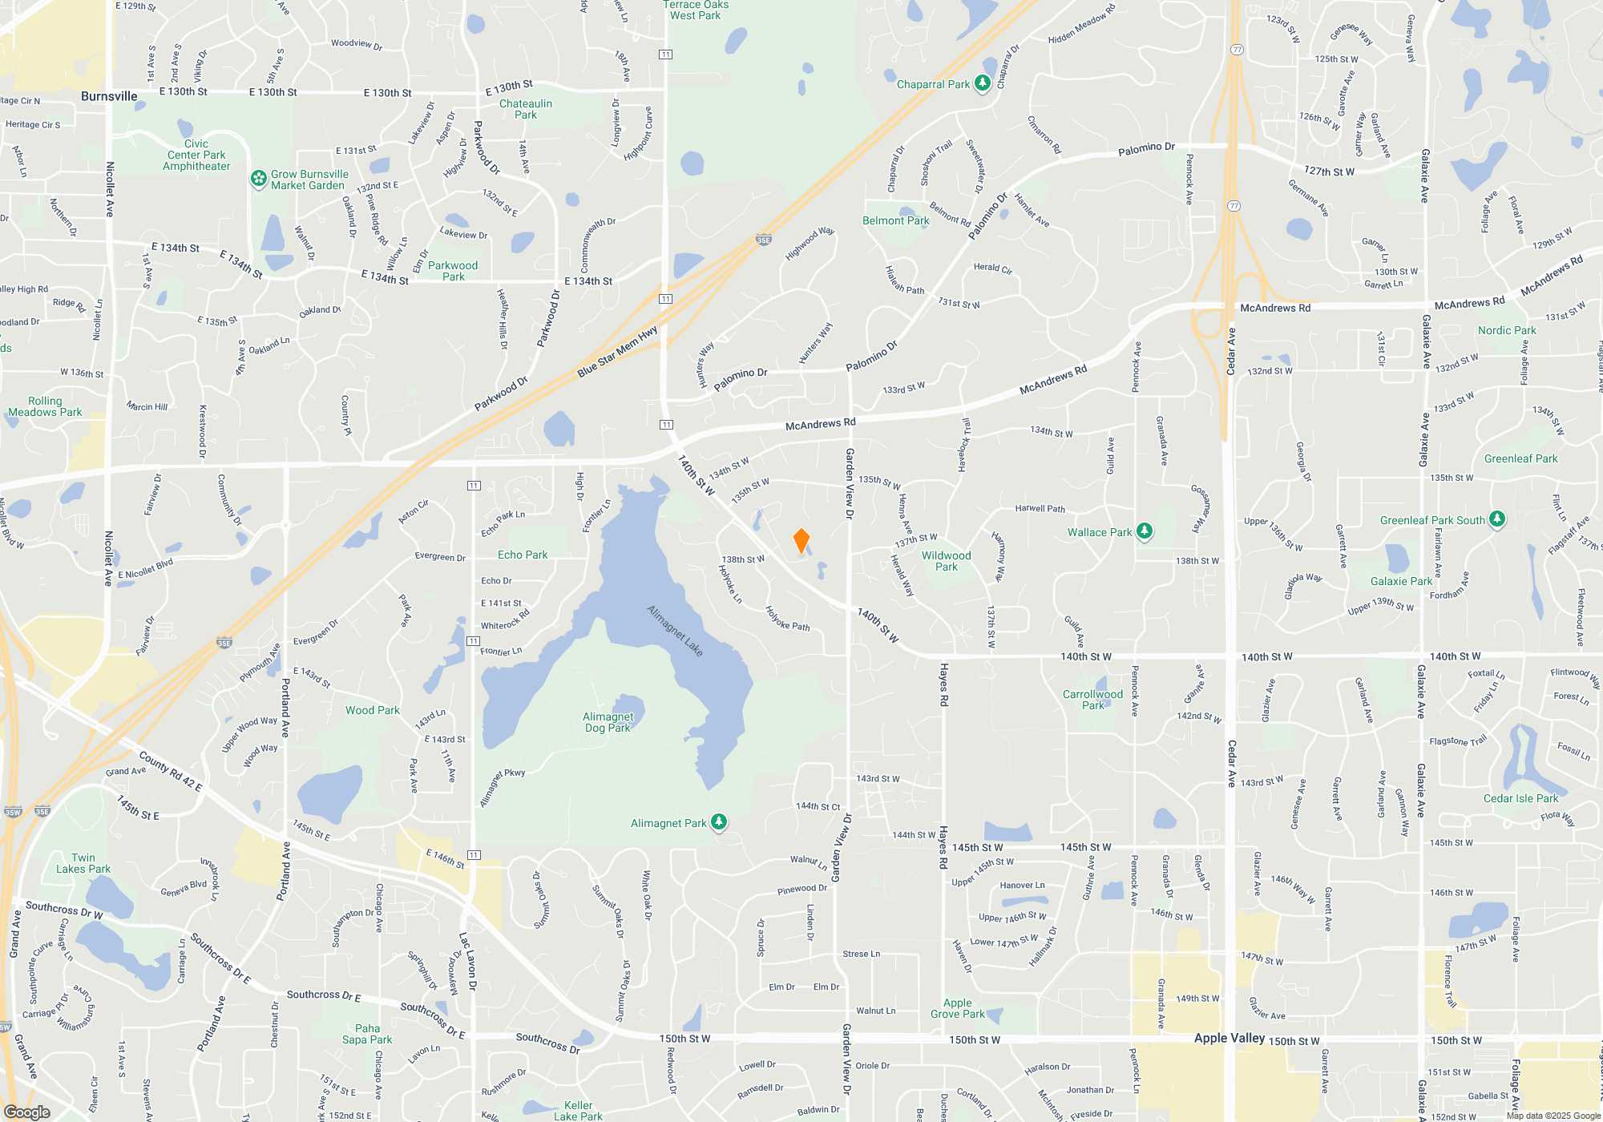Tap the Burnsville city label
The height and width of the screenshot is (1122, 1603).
pos(109,96)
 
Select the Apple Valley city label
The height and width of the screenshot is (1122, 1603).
pos(1229,1038)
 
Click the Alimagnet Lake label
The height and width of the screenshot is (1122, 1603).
pos(675,631)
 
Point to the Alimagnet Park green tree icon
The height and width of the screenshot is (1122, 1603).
pos(720,822)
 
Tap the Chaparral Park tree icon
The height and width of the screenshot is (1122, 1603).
pos(983,84)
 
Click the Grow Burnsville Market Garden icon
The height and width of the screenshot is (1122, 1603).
pos(259,179)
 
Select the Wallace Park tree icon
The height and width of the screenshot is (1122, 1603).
pos(1145,531)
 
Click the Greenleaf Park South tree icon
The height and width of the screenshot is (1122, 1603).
pos(1497,519)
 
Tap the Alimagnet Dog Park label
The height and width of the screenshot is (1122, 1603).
pos(608,722)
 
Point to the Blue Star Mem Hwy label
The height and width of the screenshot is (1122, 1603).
pos(617,351)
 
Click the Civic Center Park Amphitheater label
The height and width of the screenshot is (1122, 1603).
pos(196,155)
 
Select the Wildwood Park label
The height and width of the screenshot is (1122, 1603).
pos(947,561)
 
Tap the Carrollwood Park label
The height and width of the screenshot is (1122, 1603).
pos(1092,700)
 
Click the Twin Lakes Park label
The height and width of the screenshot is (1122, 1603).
pos(83,863)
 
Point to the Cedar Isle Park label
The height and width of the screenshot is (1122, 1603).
pos(1520,798)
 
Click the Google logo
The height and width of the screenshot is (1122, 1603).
pos(26,1112)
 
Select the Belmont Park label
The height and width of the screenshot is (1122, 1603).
pos(895,220)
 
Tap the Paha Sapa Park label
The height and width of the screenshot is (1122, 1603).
pos(367,1034)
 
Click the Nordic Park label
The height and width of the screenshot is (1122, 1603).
pos(1507,330)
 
